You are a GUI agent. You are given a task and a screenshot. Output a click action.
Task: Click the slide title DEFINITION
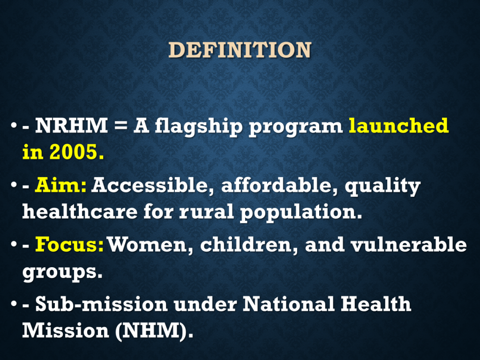240,50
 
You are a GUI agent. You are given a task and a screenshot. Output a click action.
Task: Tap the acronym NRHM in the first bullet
71,125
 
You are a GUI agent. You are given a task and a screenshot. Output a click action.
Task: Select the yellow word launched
398,126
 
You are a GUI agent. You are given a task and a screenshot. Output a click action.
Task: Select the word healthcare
80,211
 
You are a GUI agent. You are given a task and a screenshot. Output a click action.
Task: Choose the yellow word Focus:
69,245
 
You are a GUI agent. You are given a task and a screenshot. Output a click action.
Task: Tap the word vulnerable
409,245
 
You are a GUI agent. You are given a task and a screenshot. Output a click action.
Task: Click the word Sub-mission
101,304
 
